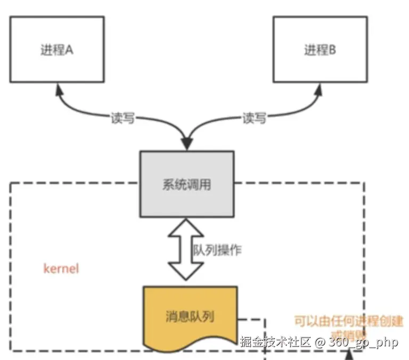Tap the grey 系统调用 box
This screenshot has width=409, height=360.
pyautogui.click(x=186, y=184)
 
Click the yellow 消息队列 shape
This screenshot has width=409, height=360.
pyautogui.click(x=190, y=315)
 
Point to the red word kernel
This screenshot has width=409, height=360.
pyautogui.click(x=61, y=268)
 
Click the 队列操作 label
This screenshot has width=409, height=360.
pyautogui.click(x=216, y=249)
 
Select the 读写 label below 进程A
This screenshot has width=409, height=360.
pyautogui.click(x=123, y=118)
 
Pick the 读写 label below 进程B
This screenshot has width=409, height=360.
pyautogui.click(x=254, y=118)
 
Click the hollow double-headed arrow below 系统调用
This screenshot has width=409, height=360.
pyautogui.click(x=185, y=249)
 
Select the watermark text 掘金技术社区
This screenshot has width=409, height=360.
pyautogui.click(x=275, y=342)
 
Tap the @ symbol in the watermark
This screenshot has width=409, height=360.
pyautogui.click(x=320, y=342)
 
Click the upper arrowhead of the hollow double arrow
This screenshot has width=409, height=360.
pyautogui.click(x=185, y=227)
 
